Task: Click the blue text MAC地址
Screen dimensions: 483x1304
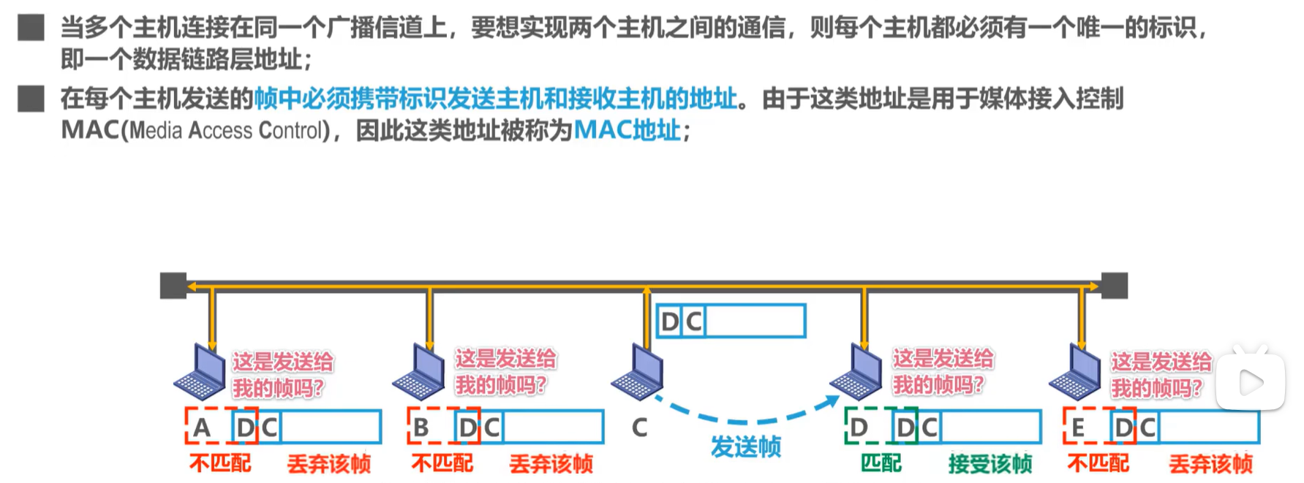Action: tap(627, 130)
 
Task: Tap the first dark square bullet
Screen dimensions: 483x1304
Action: tap(31, 28)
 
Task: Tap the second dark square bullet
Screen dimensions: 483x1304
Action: tap(31, 99)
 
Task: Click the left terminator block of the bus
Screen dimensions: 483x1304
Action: tap(173, 286)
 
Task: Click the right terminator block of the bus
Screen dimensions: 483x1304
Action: tap(1114, 286)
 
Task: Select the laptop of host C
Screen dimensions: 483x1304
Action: tap(638, 373)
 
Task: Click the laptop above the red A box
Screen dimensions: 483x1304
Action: tap(200, 373)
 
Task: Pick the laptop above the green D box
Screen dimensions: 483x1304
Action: tap(856, 373)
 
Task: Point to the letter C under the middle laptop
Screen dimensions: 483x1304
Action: tap(639, 427)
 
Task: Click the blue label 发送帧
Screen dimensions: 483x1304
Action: tap(745, 446)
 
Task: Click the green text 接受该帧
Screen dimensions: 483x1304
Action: tap(990, 463)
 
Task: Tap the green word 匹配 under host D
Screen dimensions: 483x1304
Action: tap(881, 463)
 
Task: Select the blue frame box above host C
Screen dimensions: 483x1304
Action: tap(731, 321)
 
